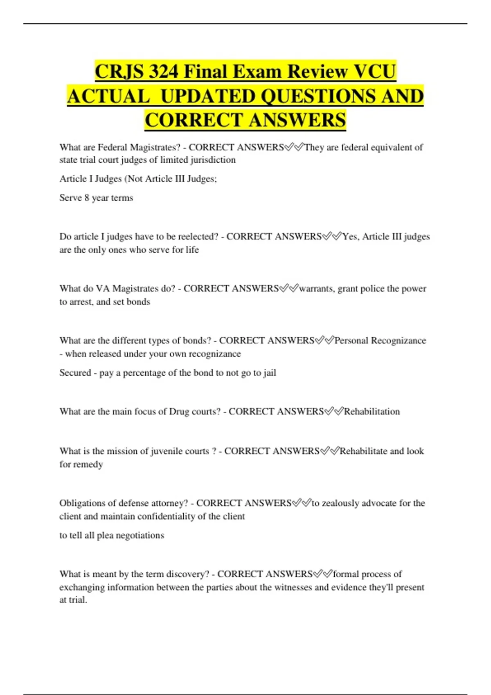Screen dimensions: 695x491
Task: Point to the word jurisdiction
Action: click(213, 160)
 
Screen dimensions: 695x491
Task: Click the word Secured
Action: click(75, 373)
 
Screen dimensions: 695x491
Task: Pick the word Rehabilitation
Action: click(372, 412)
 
